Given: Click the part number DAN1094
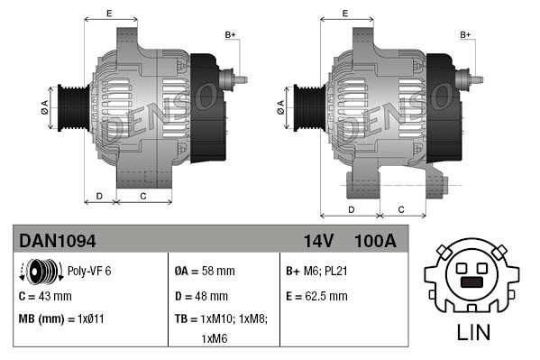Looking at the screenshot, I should [x=58, y=240].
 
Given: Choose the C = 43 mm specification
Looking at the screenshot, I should [x=45, y=295].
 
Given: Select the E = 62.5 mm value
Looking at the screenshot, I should [x=316, y=295].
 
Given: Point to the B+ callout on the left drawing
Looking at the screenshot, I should [x=230, y=35].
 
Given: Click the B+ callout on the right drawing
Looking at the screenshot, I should [x=466, y=35].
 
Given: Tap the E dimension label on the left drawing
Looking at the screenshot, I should [x=109, y=14].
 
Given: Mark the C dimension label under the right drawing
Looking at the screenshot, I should [x=400, y=209].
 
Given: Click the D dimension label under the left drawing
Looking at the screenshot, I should [x=99, y=195].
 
